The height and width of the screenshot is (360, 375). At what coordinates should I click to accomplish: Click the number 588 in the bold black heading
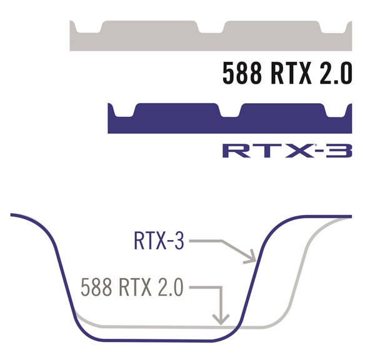pyautogui.click(x=242, y=72)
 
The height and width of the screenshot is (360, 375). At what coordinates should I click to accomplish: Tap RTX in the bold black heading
pyautogui.click(x=291, y=72)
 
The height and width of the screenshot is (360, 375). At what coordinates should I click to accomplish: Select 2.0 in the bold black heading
pyautogui.click(x=336, y=72)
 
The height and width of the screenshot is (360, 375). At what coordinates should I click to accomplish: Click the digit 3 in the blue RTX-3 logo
pyautogui.click(x=341, y=151)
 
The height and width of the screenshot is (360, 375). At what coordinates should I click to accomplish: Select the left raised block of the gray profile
pyautogui.click(x=150, y=26)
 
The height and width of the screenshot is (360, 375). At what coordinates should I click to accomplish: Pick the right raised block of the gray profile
pyautogui.click(x=272, y=26)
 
